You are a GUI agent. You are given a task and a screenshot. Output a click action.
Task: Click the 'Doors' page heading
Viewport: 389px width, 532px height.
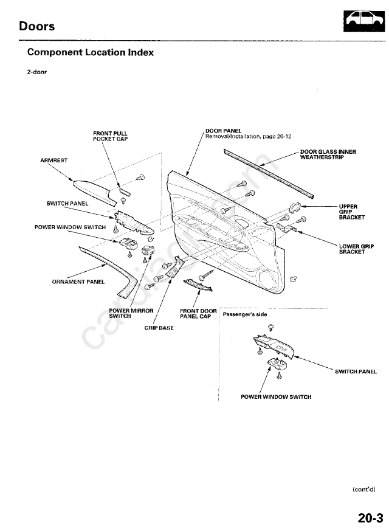pos(36,26)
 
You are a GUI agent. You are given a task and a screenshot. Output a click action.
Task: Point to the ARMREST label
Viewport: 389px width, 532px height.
pos(54,160)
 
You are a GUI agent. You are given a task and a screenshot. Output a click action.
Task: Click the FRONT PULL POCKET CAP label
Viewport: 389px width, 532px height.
pos(110,136)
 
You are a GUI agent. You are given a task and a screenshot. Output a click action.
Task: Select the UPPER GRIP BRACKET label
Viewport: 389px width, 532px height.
pos(351,212)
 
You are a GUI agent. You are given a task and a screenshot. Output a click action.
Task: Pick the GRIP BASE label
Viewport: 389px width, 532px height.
pos(159,328)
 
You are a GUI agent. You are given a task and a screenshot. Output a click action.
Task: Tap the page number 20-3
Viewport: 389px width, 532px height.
pos(370,517)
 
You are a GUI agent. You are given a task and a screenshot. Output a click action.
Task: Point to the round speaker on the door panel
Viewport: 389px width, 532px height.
pos(267,280)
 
